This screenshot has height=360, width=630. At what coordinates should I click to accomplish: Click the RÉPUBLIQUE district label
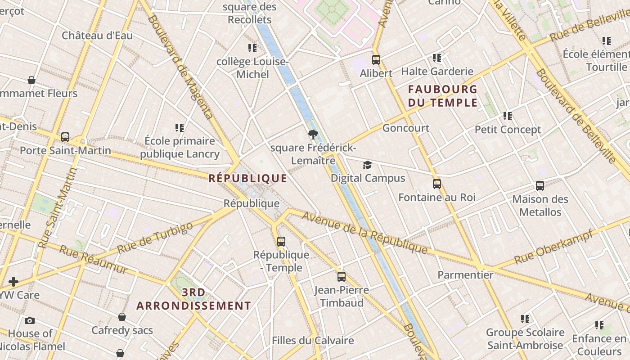248,179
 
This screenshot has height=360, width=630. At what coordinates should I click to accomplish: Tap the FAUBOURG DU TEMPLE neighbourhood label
442,96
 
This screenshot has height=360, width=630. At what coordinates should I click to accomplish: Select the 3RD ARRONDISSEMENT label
193,299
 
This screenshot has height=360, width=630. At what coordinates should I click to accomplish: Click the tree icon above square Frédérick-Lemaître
313,134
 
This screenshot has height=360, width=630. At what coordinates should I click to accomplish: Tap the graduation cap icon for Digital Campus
368,165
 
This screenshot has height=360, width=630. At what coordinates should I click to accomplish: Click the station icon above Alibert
376,59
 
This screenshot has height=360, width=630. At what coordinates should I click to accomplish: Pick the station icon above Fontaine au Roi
436,184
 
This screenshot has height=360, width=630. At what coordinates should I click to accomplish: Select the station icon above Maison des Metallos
540,185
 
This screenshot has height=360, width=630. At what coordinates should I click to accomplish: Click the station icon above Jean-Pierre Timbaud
342,276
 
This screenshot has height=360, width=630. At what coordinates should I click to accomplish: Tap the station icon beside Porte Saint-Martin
65,137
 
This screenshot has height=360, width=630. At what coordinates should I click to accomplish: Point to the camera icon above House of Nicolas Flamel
30,320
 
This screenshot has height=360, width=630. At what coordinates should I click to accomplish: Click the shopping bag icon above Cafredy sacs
122,317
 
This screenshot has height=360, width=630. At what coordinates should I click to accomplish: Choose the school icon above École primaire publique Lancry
180,128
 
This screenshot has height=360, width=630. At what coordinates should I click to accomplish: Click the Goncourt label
406,128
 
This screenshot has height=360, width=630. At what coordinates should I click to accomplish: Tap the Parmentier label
465,274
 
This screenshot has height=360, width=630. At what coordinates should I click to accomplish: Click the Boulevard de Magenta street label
180,67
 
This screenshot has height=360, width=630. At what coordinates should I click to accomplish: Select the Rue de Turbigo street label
155,238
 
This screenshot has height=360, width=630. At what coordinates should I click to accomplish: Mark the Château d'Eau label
97,36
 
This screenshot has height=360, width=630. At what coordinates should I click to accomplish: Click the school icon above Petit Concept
508,116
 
